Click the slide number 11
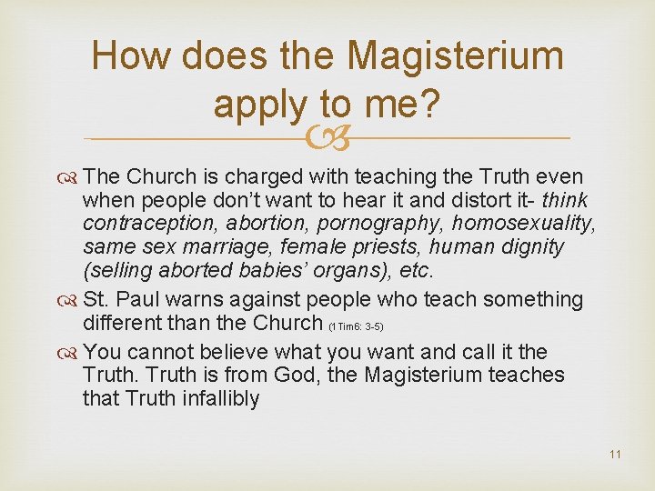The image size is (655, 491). [x=616, y=454]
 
